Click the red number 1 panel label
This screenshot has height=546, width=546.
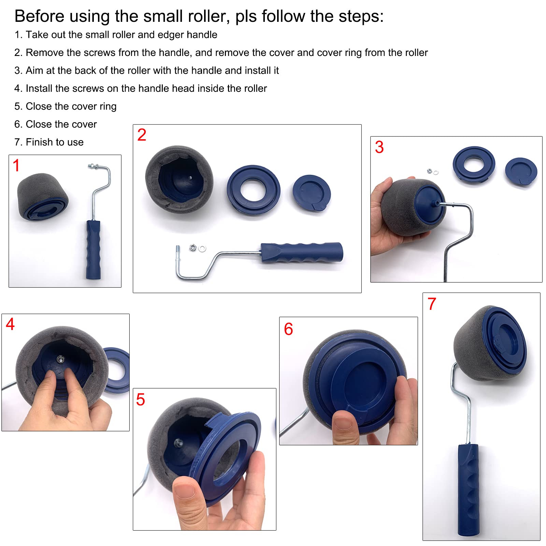pos(16,165)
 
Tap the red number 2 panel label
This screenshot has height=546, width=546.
pos(142,135)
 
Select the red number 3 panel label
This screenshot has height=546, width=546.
pos(379,147)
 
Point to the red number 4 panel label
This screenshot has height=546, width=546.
pos(10,324)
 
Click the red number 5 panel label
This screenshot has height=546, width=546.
pos(141,400)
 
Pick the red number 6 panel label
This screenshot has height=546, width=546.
pos(288,329)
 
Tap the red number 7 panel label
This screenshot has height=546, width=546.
pos(432,304)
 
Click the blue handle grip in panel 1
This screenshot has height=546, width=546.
pos(93,249)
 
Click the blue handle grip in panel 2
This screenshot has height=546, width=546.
pos(302,253)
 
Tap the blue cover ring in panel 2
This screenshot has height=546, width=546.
pos(254,190)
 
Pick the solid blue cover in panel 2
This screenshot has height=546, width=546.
pos(312,193)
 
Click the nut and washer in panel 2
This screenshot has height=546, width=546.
pos(198,247)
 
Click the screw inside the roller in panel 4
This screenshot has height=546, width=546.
pos(60,359)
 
